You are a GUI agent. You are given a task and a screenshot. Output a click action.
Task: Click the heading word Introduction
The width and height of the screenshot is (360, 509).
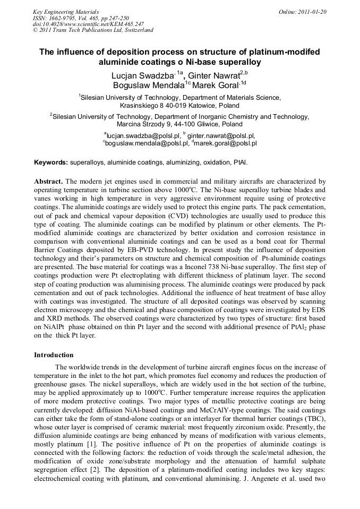pos(54,355)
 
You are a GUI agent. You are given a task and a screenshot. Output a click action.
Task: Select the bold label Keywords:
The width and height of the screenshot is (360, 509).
pos(50,162)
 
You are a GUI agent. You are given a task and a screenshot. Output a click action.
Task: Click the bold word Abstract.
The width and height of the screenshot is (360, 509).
pos(48,180)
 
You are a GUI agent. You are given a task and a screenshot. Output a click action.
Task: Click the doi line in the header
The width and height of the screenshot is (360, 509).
pos(88,24)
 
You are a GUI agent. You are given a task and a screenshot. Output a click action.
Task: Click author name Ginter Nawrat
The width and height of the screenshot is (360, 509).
pos(213,75)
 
